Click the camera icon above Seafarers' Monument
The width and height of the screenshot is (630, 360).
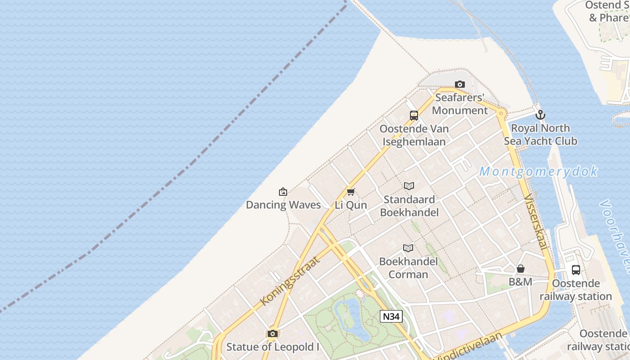[459, 84]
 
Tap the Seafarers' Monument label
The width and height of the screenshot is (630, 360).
[459, 104]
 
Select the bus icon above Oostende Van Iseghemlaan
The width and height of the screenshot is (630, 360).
[414, 116]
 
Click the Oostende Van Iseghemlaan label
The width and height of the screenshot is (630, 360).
[414, 135]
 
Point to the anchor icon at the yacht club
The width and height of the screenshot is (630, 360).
[540, 115]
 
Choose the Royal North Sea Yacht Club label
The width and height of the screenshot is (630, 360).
[540, 135]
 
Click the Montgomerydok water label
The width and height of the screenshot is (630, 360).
[538, 171]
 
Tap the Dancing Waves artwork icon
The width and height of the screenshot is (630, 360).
[283, 192]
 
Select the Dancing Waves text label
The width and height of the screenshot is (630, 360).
[283, 205]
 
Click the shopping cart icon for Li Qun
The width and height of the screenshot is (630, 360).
[351, 192]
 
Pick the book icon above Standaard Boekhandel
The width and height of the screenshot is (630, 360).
[409, 186]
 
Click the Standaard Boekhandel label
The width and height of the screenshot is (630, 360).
[409, 206]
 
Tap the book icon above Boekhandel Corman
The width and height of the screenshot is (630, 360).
[408, 248]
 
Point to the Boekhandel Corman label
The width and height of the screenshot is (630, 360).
[408, 268]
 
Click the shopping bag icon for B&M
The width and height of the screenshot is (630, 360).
[521, 269]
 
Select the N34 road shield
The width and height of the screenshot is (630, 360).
[391, 316]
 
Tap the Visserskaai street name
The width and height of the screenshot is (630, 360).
[536, 222]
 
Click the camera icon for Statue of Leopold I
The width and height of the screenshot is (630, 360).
[272, 333]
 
